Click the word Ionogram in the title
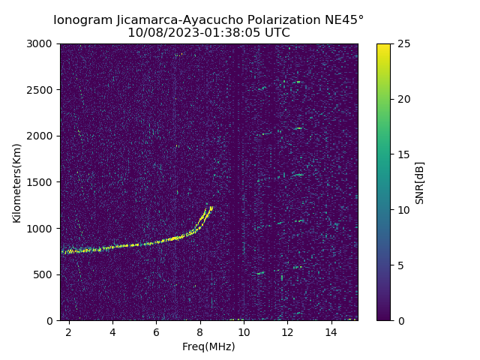tap(83, 19)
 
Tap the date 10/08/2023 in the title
tap(154, 33)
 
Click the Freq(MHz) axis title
tap(208, 346)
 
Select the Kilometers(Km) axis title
tap(17, 182)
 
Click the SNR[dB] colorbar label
tap(420, 182)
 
